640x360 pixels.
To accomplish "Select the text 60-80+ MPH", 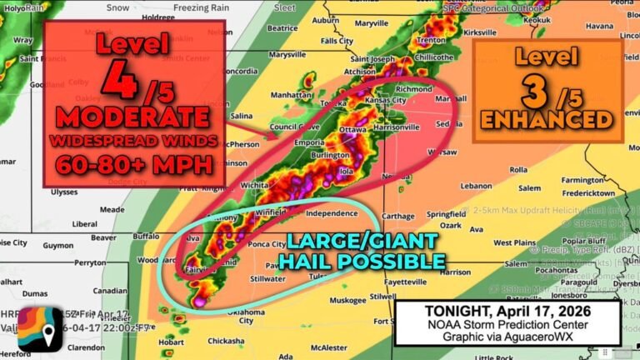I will tap(134, 164).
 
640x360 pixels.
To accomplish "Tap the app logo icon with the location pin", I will tap(39, 329).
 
